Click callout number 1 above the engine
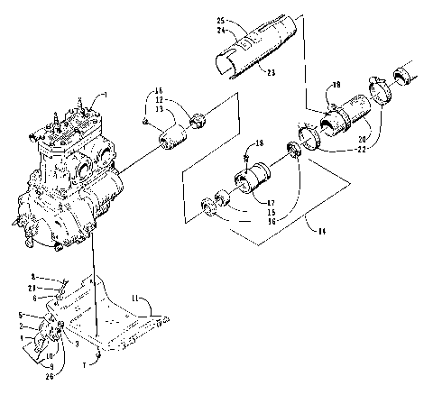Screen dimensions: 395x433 point(105,94)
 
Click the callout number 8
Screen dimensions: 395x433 point(32,276)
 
